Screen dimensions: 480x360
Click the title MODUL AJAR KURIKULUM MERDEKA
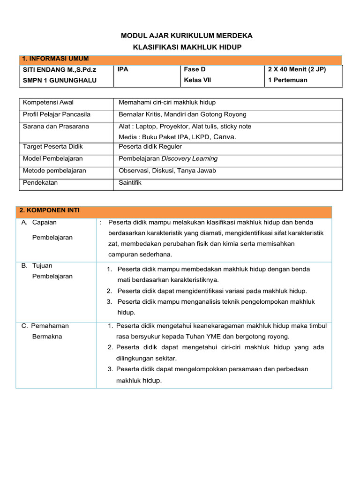coord(187,36)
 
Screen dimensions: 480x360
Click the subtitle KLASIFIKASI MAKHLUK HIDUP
coord(187,48)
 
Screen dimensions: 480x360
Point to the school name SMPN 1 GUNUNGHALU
coord(60,80)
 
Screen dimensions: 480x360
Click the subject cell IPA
coord(123,69)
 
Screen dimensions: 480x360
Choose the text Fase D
coord(195,69)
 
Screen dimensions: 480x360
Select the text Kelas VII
coord(197,80)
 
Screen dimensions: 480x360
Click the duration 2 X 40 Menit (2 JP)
coord(297,69)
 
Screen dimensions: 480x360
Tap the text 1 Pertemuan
coord(287,80)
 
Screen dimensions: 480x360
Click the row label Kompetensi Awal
coord(48,103)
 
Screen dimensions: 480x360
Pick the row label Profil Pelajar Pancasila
coord(57,114)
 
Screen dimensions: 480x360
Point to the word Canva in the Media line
coord(224,137)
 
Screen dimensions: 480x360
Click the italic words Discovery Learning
coord(189,159)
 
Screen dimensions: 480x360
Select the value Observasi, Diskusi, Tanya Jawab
coord(167,171)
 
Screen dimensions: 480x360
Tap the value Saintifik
coord(130,183)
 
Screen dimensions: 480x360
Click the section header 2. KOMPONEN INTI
coord(50,210)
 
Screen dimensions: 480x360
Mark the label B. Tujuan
coord(39,266)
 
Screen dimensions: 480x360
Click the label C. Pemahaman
coord(45,326)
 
